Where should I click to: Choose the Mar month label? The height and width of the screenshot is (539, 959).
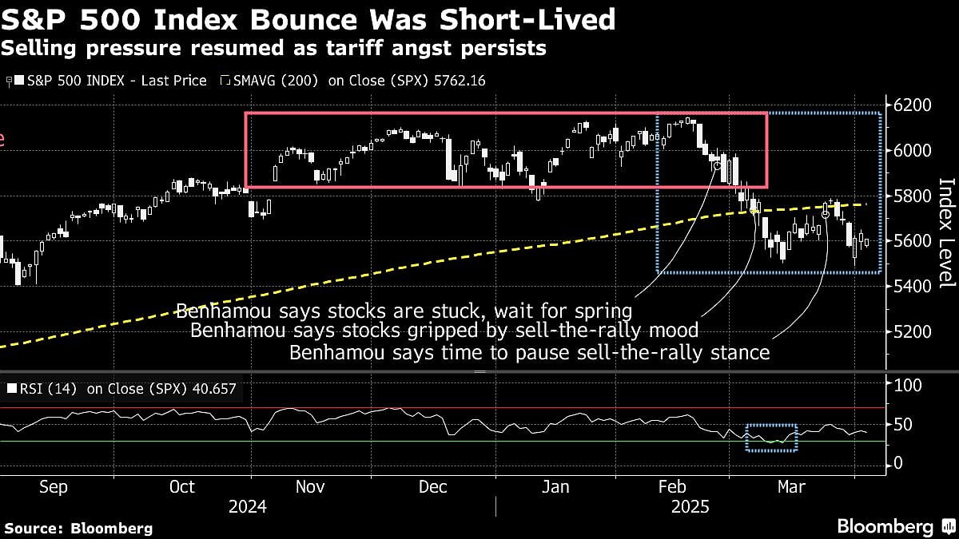click(x=793, y=487)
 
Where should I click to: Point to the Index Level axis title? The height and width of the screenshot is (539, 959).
click(x=946, y=232)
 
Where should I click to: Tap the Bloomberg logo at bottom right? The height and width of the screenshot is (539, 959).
click(x=885, y=526)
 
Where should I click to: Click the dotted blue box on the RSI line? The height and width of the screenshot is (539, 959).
click(x=771, y=438)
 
